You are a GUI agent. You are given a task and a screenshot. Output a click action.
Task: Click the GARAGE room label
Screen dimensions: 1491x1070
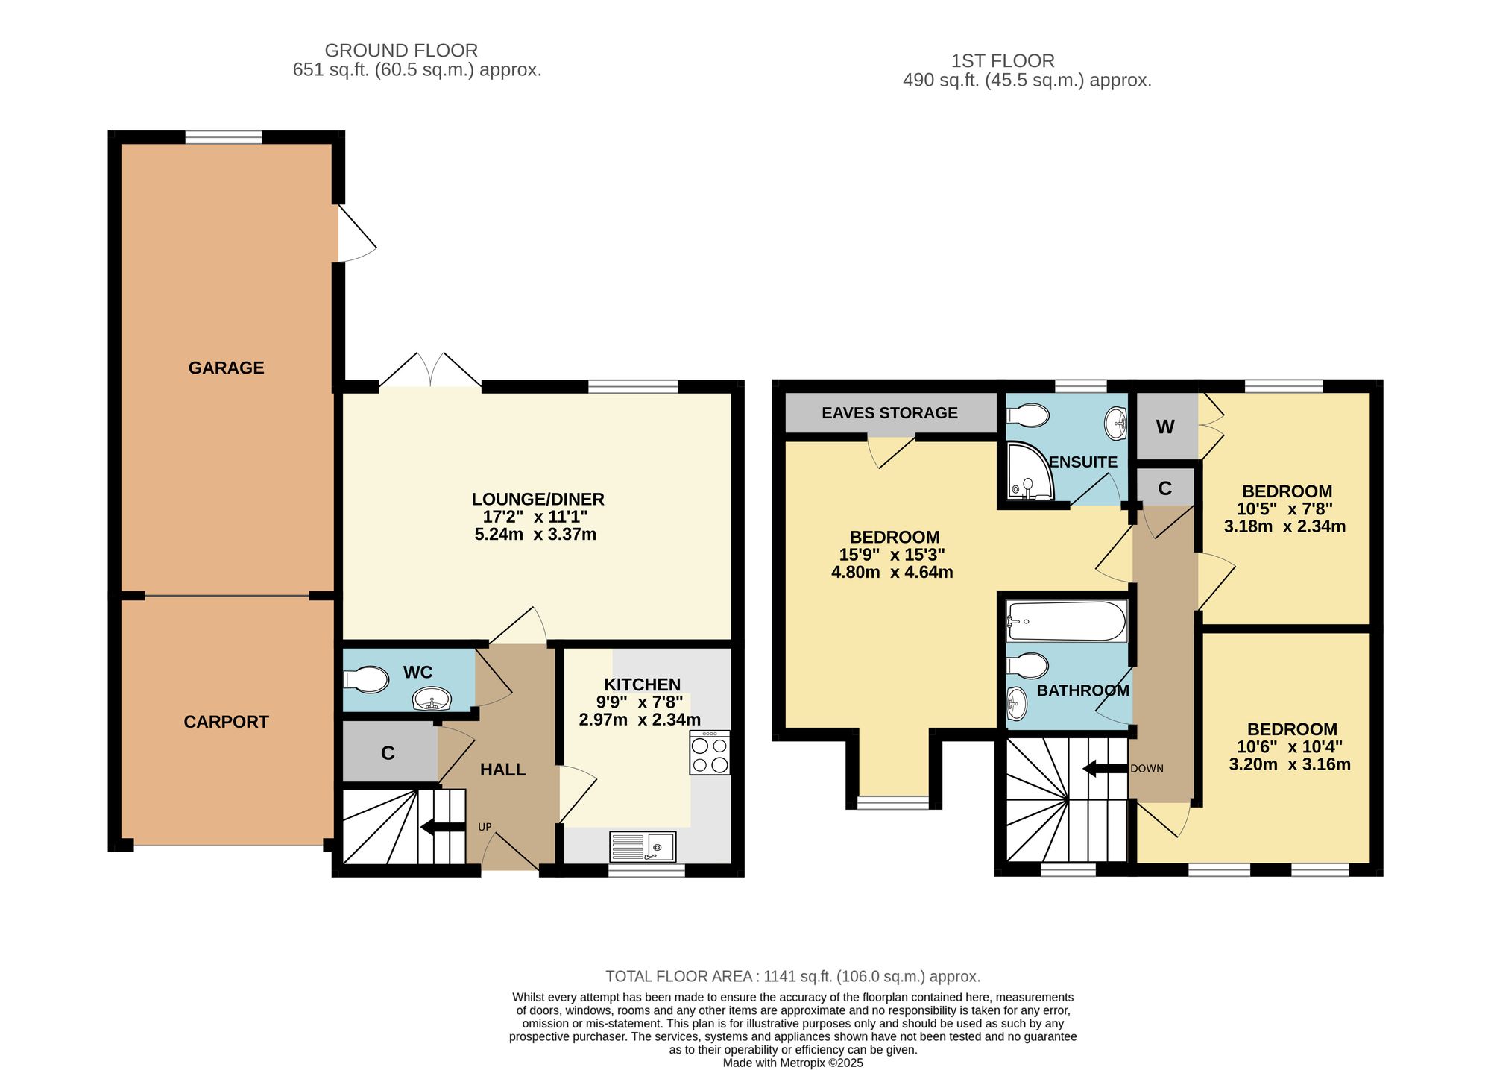point(226,368)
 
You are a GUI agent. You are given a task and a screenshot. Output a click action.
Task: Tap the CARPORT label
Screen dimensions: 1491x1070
point(226,722)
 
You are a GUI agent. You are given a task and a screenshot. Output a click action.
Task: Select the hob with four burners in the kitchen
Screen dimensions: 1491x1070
point(710,753)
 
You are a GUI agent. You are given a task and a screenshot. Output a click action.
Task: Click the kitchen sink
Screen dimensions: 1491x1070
point(643,847)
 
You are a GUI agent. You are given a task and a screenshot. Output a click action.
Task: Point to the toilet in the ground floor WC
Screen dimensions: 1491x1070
point(366,679)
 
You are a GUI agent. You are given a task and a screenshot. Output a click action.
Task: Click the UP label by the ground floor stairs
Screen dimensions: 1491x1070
point(485,827)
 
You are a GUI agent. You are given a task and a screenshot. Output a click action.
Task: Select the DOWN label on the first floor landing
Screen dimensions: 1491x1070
point(1147,769)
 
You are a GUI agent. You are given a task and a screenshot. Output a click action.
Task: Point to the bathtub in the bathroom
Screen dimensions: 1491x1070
point(1066,622)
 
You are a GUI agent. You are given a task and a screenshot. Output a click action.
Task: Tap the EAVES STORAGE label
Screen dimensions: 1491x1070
point(889,413)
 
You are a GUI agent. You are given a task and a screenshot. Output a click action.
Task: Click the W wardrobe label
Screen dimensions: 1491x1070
point(1165,427)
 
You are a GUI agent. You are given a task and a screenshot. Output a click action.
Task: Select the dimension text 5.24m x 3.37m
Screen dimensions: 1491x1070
point(535,535)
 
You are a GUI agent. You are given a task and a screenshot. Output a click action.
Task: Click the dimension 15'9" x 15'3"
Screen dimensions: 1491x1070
point(892,555)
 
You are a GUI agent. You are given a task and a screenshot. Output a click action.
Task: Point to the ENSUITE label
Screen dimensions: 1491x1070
point(1083,462)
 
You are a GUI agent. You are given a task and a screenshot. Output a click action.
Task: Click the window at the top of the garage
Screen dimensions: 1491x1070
point(224,137)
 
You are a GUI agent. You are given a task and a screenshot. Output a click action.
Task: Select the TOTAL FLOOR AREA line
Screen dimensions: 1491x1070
point(792,976)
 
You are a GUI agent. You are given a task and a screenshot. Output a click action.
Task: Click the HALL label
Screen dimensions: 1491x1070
point(503,770)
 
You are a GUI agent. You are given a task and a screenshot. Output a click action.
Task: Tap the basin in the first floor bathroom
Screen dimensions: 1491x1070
point(1017,704)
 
